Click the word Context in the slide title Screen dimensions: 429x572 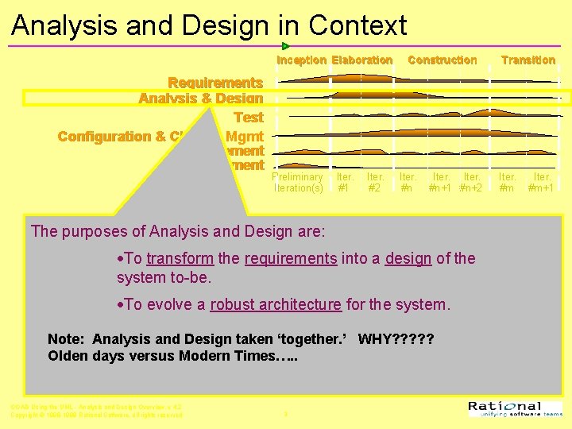click(357, 25)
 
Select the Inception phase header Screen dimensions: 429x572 click(301, 60)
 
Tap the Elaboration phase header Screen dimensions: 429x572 click(361, 60)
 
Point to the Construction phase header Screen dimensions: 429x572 click(442, 60)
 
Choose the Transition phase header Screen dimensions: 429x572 click(528, 60)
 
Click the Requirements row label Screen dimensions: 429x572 click(215, 83)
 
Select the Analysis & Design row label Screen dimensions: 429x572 click(200, 99)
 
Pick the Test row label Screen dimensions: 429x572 click(248, 117)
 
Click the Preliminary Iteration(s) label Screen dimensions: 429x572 click(298, 183)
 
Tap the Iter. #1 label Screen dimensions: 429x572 click(344, 183)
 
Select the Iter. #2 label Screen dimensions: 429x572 click(375, 183)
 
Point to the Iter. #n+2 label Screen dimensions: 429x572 click(471, 183)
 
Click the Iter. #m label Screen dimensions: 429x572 click(507, 183)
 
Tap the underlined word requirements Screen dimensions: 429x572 click(291, 258)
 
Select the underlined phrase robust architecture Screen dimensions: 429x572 click(276, 304)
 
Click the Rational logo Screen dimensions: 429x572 click(515, 408)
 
